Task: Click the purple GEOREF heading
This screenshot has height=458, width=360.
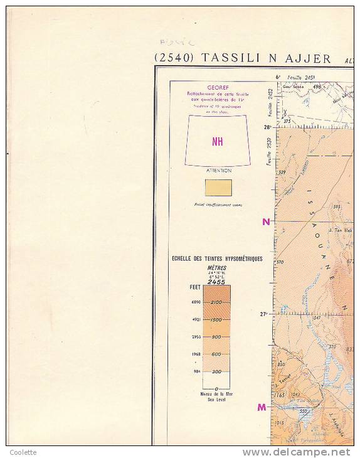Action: pos(217,88)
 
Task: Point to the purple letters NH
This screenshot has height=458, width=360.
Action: pos(218,142)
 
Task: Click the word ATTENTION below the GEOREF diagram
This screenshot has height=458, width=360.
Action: pos(218,171)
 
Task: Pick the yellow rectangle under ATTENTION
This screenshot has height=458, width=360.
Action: pos(218,188)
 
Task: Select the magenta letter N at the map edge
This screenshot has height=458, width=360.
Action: pos(266,221)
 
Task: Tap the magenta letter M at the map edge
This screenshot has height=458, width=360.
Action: pos(262,407)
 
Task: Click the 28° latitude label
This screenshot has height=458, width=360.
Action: pos(267,127)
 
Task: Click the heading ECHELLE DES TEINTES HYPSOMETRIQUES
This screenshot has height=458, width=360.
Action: pos(217,258)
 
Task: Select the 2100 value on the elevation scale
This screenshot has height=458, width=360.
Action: pos(216,302)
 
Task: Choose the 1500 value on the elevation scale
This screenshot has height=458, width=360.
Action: pos(216,320)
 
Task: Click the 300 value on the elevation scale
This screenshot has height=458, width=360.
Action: pos(216,371)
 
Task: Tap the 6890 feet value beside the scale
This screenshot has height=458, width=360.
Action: pos(196,302)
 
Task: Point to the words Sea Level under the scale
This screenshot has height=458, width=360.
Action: pos(216,399)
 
